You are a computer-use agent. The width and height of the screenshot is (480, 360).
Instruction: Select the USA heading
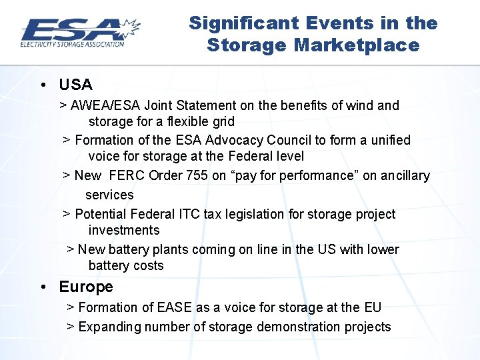pyautogui.click(x=75, y=85)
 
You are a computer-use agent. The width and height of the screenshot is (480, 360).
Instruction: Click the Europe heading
pyautogui.click(x=86, y=287)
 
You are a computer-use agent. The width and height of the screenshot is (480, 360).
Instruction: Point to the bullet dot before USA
pyautogui.click(x=43, y=85)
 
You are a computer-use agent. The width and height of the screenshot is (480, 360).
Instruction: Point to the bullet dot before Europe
pyautogui.click(x=43, y=287)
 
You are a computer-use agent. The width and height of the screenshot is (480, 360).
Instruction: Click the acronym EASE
pyautogui.click(x=174, y=307)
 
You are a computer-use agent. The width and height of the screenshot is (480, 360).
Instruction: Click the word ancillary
pyautogui.click(x=405, y=175)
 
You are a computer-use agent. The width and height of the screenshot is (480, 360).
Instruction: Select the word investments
pyautogui.click(x=124, y=230)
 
